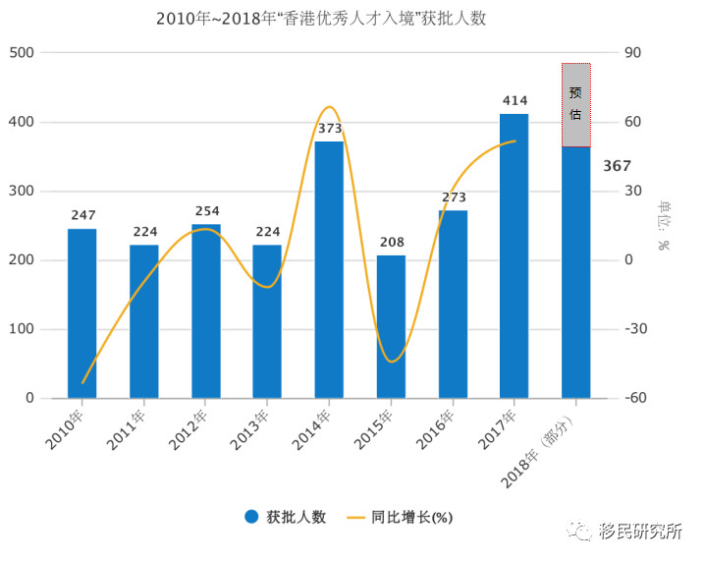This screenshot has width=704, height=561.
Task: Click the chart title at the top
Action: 320,19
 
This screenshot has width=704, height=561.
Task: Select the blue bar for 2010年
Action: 82,313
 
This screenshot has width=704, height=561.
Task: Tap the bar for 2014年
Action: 329,270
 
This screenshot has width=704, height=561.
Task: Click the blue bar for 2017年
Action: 514,255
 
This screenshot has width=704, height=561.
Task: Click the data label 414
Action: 514,100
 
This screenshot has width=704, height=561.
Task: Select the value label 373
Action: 330,129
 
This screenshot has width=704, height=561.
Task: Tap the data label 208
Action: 391,242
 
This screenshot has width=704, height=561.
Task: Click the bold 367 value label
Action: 617,166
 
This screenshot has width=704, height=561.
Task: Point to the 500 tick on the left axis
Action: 22,53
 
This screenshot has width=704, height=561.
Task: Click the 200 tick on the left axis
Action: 22,260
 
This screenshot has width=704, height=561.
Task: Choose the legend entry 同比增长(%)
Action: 411,517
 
